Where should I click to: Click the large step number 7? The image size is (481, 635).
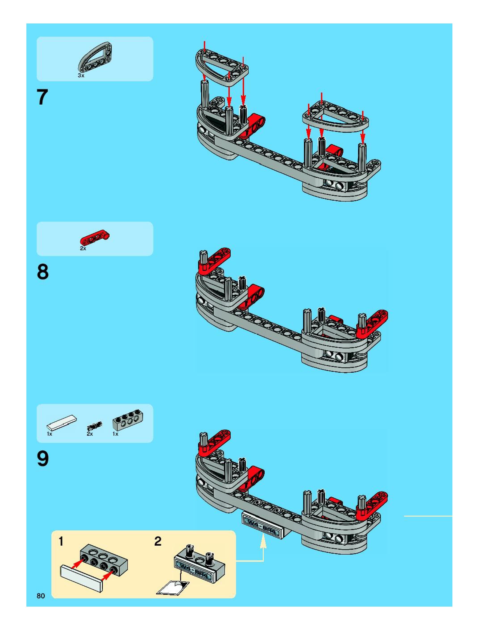pyautogui.click(x=42, y=97)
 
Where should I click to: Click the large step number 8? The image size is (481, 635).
pyautogui.click(x=42, y=272)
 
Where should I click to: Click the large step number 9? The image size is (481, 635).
pyautogui.click(x=42, y=458)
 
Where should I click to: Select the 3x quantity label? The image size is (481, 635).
pyautogui.click(x=81, y=76)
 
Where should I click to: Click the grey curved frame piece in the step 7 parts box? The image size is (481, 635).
pyautogui.click(x=95, y=57)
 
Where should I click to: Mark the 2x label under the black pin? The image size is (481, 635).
pyautogui.click(x=90, y=434)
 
